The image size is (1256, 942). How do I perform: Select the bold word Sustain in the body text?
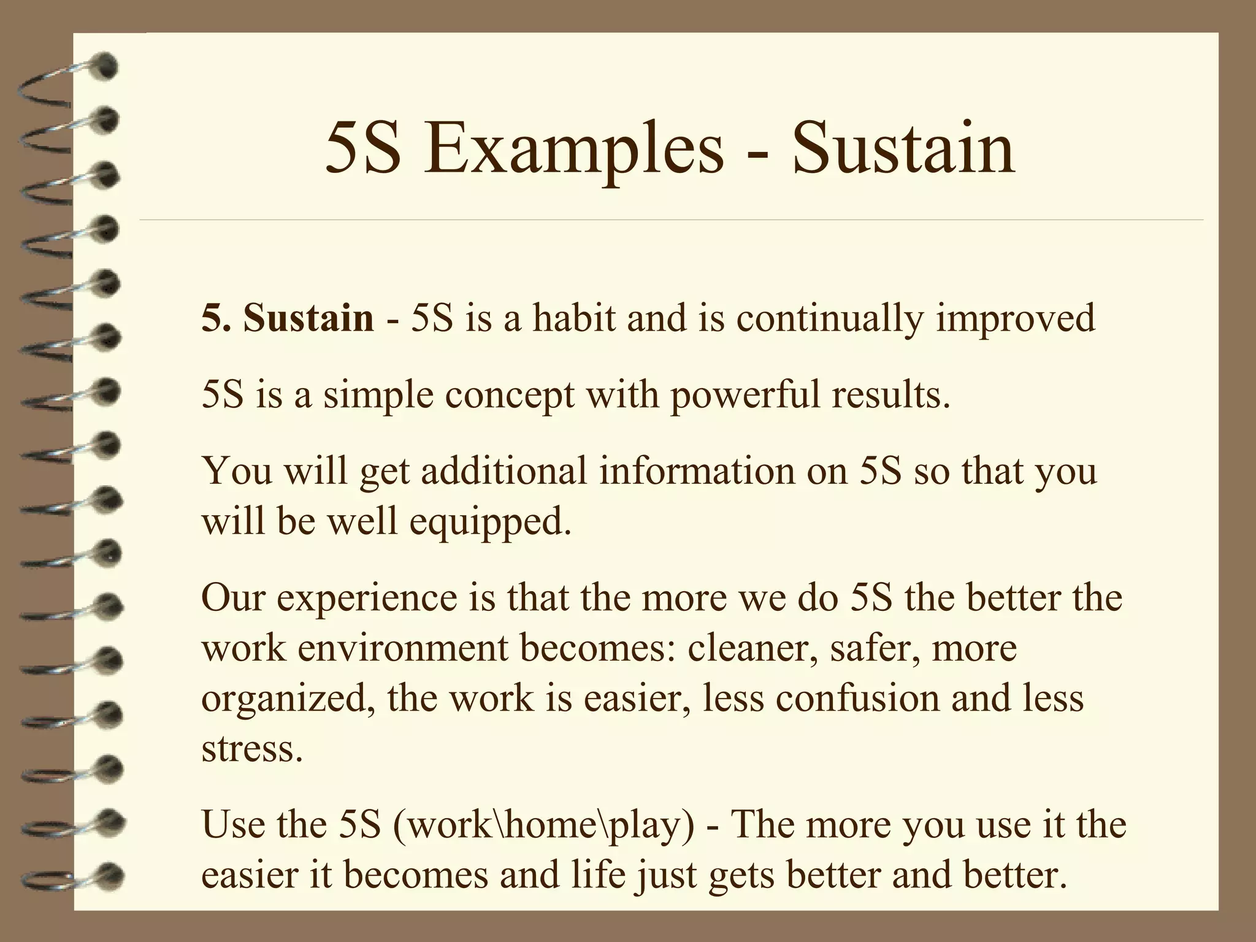308,318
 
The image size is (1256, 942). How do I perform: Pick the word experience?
367,598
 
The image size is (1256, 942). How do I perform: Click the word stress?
252,749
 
